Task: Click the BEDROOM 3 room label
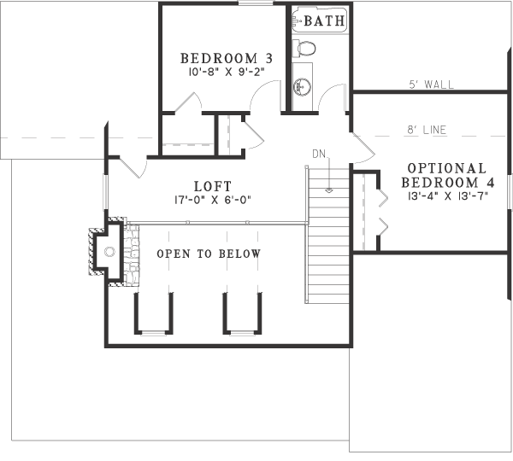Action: point(226,58)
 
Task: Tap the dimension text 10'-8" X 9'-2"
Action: point(226,73)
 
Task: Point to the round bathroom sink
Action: point(301,85)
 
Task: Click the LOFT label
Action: point(213,185)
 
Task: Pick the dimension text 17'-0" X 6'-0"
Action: point(213,200)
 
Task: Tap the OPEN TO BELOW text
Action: point(208,254)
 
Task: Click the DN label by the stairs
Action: point(319,154)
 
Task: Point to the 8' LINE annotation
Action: point(427,131)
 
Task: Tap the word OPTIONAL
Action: point(446,168)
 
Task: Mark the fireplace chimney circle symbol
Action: point(109,251)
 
